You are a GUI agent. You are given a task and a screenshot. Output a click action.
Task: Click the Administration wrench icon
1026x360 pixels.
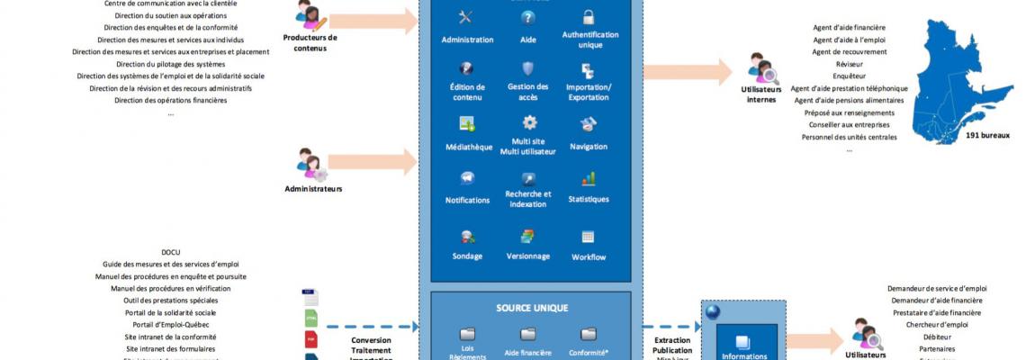465,17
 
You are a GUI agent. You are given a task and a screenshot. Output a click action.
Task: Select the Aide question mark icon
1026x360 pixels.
528,17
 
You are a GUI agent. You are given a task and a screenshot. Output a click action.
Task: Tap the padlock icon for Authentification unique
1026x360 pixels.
588,17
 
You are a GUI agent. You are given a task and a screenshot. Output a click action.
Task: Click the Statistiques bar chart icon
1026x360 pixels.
588,178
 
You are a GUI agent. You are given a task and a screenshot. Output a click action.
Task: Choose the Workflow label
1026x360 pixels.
589,257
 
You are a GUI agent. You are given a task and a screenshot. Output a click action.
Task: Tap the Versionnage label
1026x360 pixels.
527,256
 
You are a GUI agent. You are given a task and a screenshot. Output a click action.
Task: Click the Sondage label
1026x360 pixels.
467,256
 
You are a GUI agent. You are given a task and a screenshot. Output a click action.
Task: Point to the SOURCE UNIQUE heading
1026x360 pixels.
532,308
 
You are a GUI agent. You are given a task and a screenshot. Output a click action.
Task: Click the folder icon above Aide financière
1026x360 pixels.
528,334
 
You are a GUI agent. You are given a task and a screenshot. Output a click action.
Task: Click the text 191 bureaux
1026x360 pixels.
987,136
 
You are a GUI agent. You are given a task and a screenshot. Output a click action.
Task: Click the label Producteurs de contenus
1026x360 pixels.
310,42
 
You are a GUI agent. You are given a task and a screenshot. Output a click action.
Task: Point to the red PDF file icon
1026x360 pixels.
310,339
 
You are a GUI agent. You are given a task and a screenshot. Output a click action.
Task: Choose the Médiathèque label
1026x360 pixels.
468,147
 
